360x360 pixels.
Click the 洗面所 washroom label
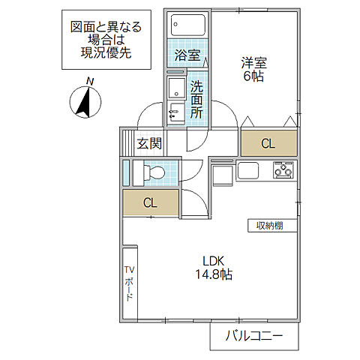196,100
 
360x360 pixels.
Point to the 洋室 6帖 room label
253,69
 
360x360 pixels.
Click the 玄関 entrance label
148,143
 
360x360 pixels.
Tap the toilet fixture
154,172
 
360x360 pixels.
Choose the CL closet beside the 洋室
268,142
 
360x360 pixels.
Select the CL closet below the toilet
151,202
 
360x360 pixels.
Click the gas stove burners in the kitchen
283,170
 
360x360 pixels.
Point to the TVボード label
128,283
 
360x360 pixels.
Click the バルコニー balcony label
254,336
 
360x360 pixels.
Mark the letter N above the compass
89,82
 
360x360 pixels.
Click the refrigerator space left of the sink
222,176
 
